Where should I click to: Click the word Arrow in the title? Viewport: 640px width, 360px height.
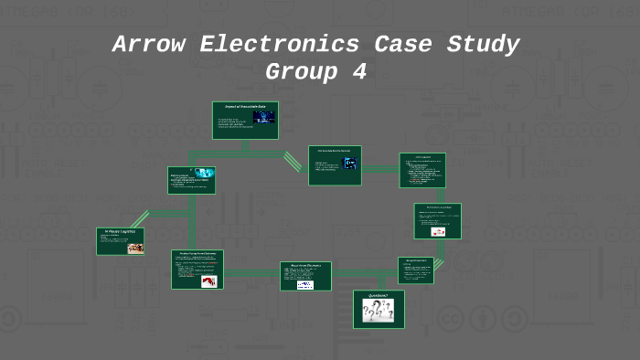click(147, 45)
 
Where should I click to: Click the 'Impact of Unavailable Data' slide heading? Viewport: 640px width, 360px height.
click(245, 107)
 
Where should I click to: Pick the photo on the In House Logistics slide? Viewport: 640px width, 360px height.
click(134, 247)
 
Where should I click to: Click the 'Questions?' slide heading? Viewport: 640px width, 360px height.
click(379, 296)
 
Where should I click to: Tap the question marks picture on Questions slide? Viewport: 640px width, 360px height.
click(379, 312)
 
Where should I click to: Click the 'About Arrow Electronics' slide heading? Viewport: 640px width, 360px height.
click(305, 267)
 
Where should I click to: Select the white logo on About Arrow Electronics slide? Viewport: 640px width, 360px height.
click(304, 284)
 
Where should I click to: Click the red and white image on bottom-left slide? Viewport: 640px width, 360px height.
click(208, 281)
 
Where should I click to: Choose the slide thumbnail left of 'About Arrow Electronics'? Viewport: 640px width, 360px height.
click(197, 270)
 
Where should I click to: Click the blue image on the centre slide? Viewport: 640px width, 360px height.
click(350, 164)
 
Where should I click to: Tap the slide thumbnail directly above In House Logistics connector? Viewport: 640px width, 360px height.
click(192, 181)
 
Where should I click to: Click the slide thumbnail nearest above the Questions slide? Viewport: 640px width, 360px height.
click(416, 270)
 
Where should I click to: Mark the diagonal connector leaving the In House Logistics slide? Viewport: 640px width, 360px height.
click(139, 219)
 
